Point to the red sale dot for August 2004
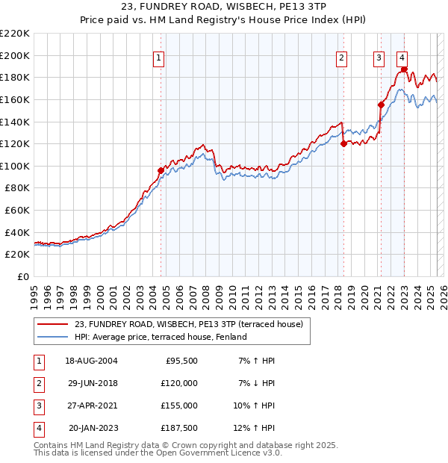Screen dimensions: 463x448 tap(161, 171)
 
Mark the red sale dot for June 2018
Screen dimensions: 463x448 tap(343, 143)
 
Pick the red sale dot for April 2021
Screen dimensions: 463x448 tap(381, 105)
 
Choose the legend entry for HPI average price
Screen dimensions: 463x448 tap(160, 337)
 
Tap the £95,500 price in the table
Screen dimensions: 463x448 tap(181, 361)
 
